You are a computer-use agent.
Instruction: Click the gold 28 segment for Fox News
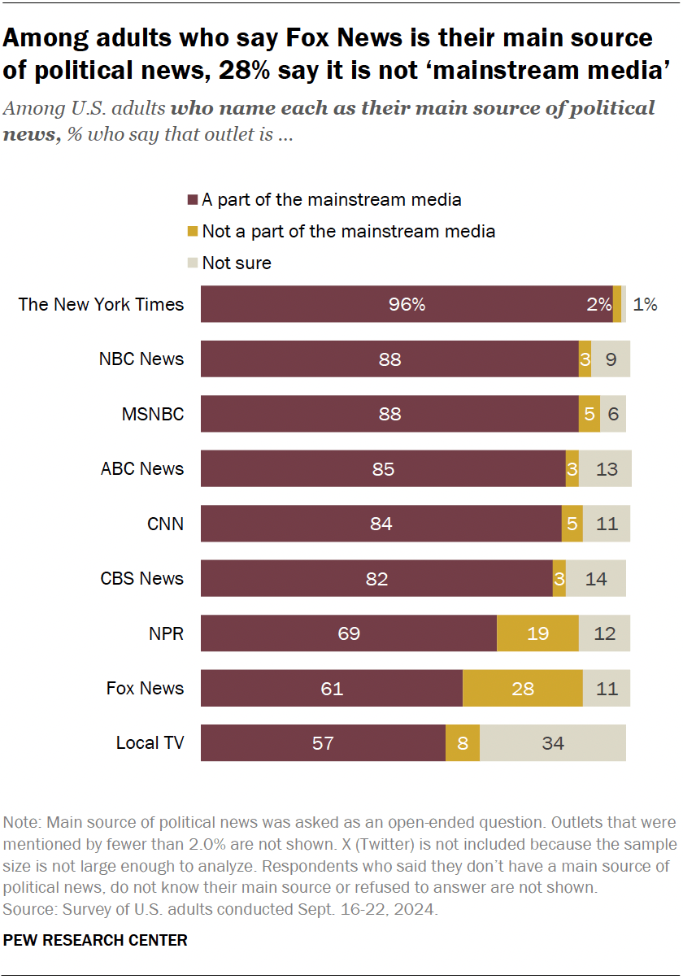pos(523,689)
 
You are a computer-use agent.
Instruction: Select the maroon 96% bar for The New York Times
pos(407,305)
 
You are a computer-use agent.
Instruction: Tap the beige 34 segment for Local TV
pos(553,743)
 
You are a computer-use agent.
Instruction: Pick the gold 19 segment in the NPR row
pos(537,633)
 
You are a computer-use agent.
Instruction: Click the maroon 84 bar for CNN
pos(381,524)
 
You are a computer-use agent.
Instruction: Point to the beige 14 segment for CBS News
pos(596,579)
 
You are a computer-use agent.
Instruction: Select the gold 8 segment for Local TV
pos(463,743)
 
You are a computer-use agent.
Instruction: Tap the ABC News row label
pos(142,469)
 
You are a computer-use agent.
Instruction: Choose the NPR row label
pos(166,633)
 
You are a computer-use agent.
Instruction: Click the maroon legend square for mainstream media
pos(193,200)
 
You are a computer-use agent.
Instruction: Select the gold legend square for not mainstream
pos(193,232)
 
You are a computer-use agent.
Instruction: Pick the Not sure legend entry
pos(236,263)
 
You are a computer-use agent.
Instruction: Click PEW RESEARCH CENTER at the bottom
pos(96,941)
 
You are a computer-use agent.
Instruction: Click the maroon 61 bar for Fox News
pos(332,689)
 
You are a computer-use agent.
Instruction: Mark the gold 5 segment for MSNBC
pos(589,415)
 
